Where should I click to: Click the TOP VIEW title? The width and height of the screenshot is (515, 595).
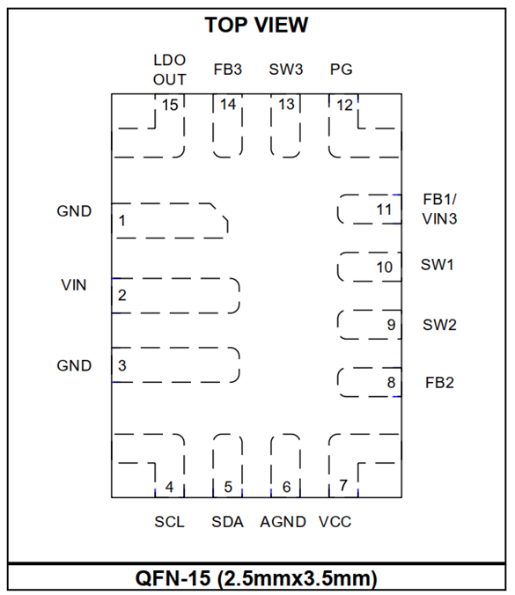point(256,25)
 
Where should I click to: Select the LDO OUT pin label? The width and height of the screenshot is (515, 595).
point(170,70)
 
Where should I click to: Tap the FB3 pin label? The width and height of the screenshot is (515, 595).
point(228,70)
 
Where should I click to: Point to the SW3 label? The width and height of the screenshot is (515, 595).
point(286,70)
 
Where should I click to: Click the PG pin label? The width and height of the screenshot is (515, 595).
point(342,70)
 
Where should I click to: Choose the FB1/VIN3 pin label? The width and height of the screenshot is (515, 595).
point(439,209)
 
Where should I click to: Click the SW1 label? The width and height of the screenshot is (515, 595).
point(438,264)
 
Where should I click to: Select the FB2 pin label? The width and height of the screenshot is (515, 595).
point(439,383)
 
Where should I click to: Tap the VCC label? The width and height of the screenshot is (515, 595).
point(335,522)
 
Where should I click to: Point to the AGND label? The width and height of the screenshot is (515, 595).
point(283,522)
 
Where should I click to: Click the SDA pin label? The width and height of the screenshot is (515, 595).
point(227,522)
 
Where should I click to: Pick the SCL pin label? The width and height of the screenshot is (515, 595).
point(169,522)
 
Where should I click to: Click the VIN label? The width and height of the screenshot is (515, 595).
point(74,285)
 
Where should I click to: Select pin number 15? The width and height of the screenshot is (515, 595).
point(170,105)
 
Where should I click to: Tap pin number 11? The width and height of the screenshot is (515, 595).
point(384,209)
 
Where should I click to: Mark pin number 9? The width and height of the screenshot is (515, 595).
point(391,325)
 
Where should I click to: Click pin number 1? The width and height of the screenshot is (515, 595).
point(121,220)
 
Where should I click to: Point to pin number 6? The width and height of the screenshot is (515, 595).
point(286,487)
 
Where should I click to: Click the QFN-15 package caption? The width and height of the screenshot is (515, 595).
point(256,578)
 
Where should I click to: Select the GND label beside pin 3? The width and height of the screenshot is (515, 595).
point(74,365)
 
